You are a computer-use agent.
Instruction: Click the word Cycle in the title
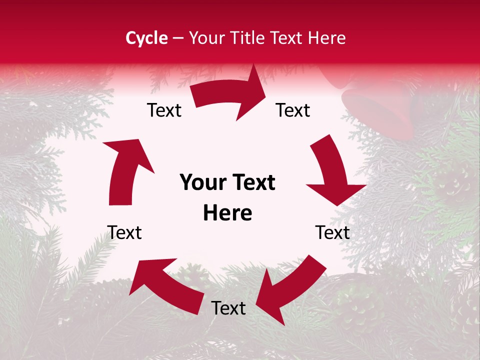pos(146,38)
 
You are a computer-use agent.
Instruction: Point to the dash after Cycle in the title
pos(177,38)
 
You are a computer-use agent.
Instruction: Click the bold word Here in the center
pos(227,213)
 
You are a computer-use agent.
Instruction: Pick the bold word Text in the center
pos(251,182)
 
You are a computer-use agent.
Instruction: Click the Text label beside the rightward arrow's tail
pos(164,110)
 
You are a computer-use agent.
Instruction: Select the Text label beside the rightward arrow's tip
pos(293,110)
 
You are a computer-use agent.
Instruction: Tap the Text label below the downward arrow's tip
pos(332,232)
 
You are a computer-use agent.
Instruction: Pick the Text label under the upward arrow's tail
pos(124,232)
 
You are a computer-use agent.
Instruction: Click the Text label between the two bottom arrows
pos(228,308)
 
